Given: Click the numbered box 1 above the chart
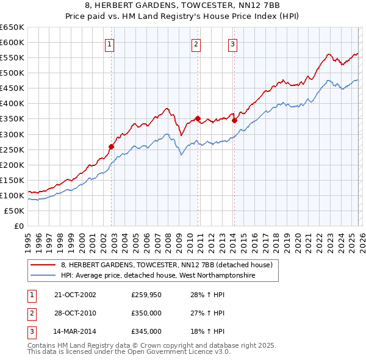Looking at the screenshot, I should coord(109,43).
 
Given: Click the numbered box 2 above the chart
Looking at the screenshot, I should coord(196,43).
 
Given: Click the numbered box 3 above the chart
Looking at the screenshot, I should coord(232,43).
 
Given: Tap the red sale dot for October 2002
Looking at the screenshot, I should coord(112,146).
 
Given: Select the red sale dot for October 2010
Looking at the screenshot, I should coord(198,118).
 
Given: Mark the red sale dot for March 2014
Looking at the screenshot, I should coord(234,120).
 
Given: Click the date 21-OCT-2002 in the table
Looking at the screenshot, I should coord(75,295).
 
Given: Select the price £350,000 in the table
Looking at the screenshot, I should coord(146,313).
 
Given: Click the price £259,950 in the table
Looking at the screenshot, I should coord(146,295).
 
